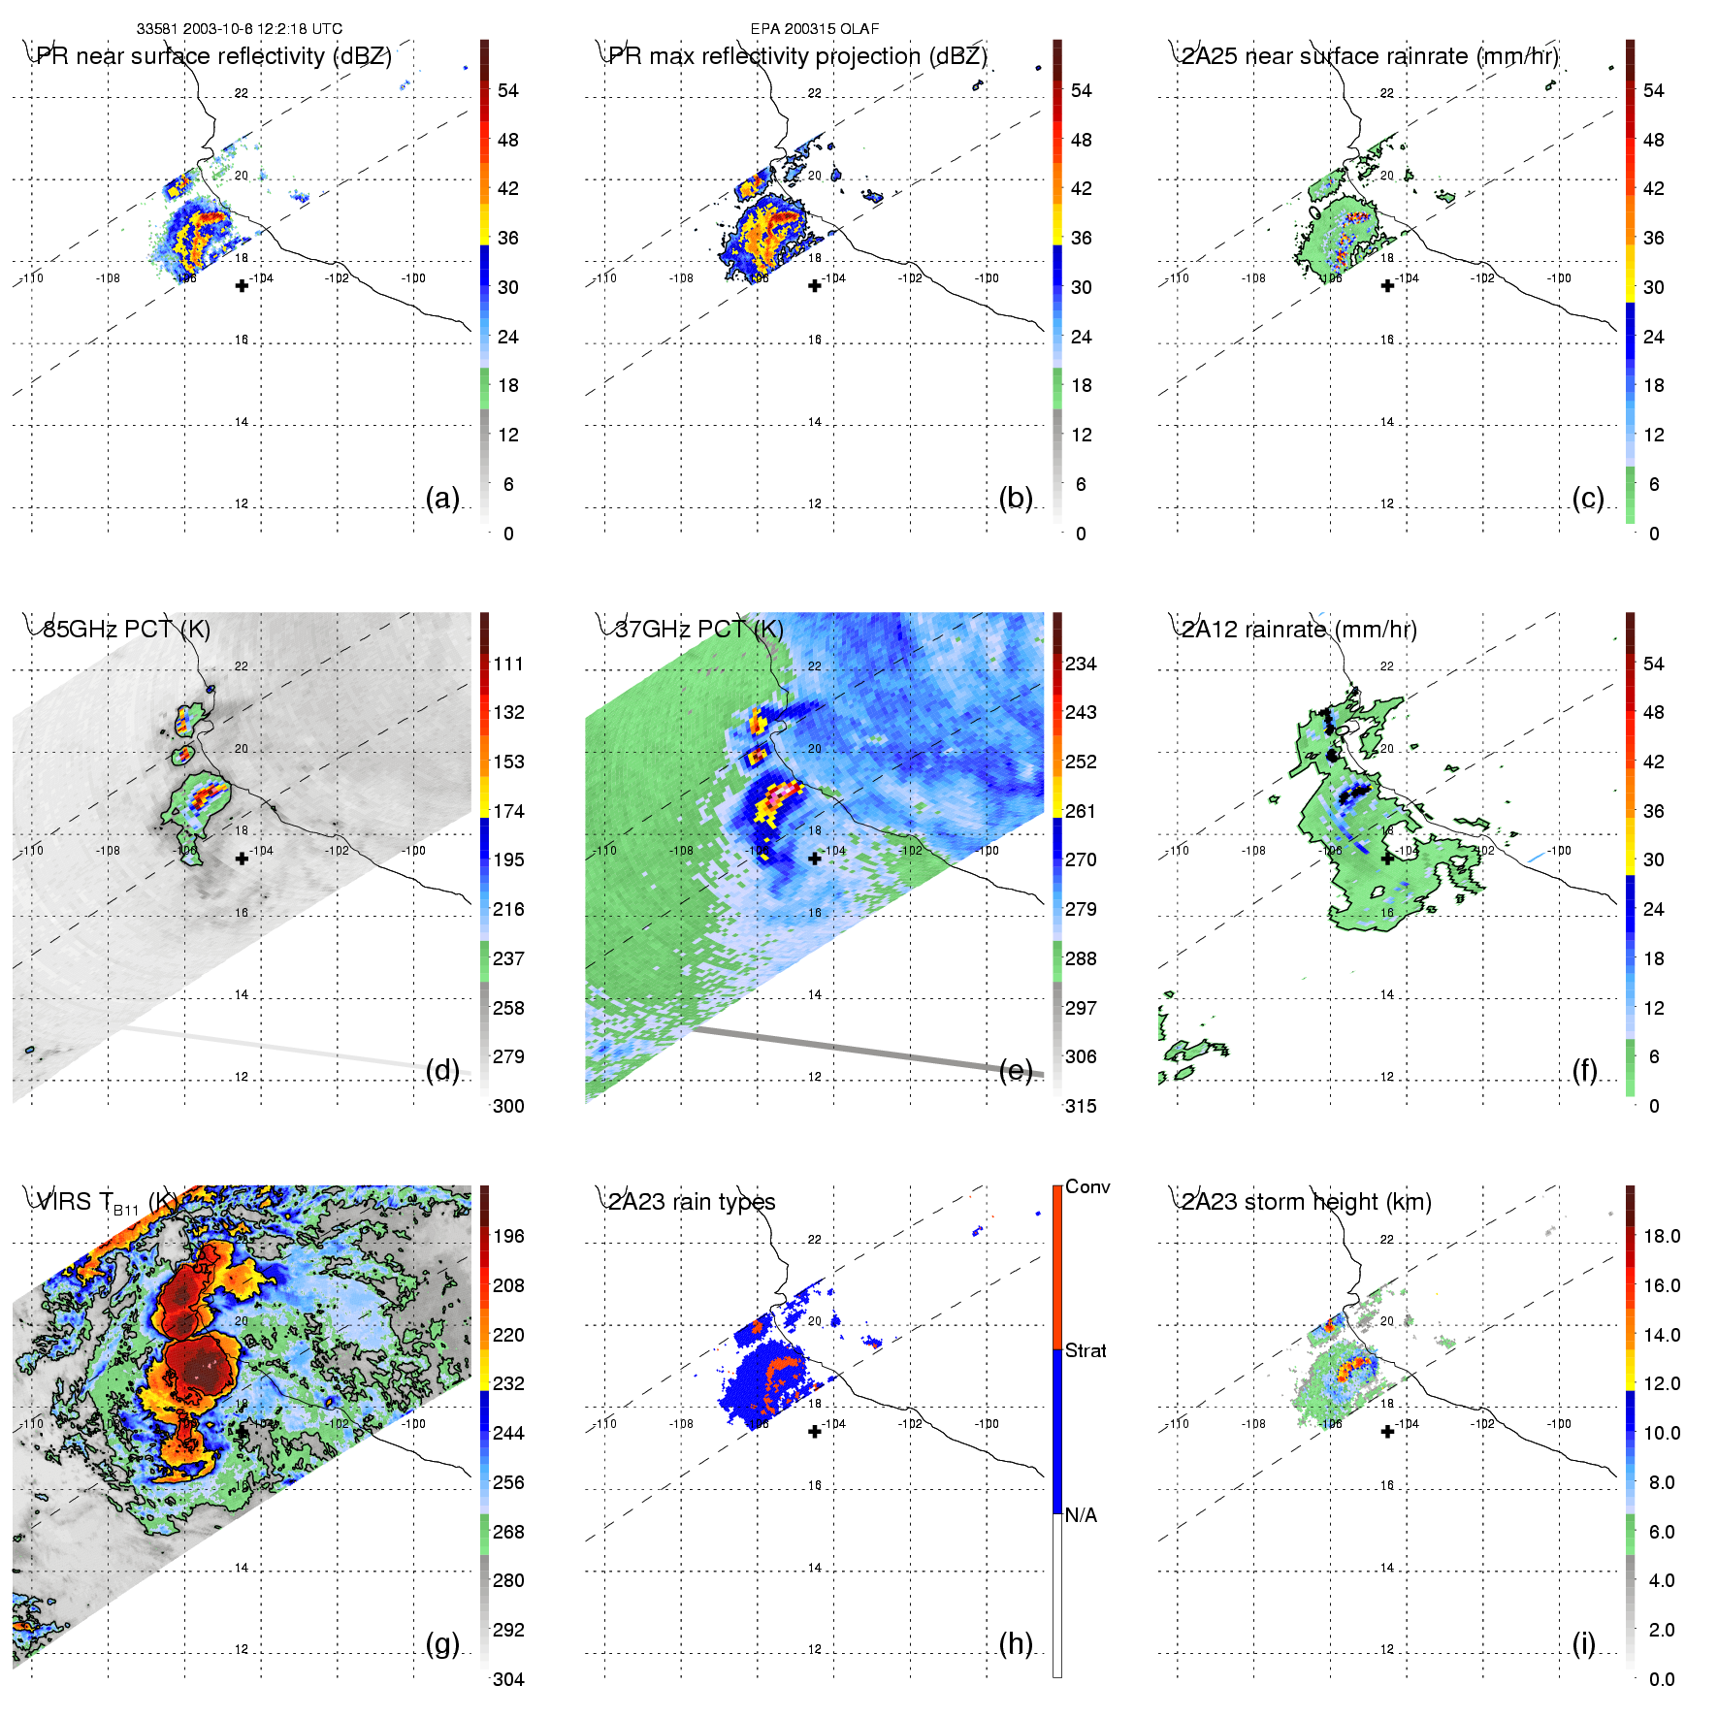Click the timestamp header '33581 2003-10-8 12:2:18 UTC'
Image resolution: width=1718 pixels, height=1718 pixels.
point(239,29)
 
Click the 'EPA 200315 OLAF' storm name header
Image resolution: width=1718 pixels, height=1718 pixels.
point(814,29)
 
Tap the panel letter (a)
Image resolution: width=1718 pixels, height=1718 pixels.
point(442,498)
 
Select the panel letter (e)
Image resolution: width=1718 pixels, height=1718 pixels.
point(1016,1070)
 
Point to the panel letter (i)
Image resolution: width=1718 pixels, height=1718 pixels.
point(1583,1643)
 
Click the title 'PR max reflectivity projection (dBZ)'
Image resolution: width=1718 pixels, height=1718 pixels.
point(796,56)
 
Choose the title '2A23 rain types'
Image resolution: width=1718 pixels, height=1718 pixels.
point(691,1202)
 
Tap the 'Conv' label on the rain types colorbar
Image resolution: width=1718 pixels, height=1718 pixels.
point(1087,1186)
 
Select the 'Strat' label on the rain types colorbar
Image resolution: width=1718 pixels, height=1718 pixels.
point(1086,1350)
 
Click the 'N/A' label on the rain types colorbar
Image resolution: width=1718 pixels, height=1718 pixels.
point(1081,1515)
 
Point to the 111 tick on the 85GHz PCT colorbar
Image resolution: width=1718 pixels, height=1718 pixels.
point(508,664)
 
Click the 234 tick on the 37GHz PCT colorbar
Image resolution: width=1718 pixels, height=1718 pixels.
point(1081,664)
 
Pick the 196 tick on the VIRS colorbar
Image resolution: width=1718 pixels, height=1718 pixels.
point(508,1236)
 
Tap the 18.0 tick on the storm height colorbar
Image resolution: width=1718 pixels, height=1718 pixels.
point(1661,1236)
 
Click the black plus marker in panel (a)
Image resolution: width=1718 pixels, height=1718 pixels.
point(242,285)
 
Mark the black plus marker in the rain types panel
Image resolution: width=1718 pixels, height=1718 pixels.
point(815,1431)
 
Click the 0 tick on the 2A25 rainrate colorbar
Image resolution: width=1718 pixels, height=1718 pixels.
point(1654,534)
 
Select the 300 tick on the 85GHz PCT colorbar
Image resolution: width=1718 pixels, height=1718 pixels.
point(508,1106)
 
